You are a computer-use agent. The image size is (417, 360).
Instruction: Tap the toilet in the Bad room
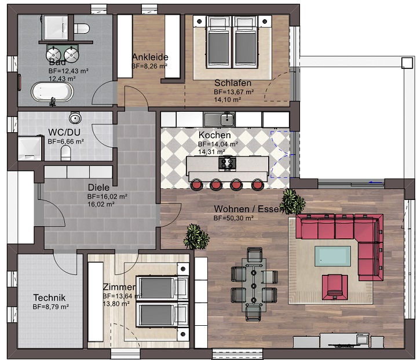click(x=82, y=27)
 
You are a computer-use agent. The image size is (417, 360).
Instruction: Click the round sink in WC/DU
click(x=75, y=119)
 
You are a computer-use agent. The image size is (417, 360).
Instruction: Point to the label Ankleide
click(x=150, y=57)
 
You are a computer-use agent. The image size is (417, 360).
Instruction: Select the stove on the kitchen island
click(x=227, y=163)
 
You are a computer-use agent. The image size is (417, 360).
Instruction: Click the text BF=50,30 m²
click(x=233, y=219)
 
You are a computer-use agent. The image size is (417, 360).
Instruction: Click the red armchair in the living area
click(x=335, y=284)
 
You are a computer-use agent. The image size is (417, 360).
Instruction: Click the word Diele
click(x=98, y=187)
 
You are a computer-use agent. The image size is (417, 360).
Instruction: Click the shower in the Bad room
click(x=56, y=26)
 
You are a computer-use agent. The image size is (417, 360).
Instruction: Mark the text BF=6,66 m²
click(x=65, y=141)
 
